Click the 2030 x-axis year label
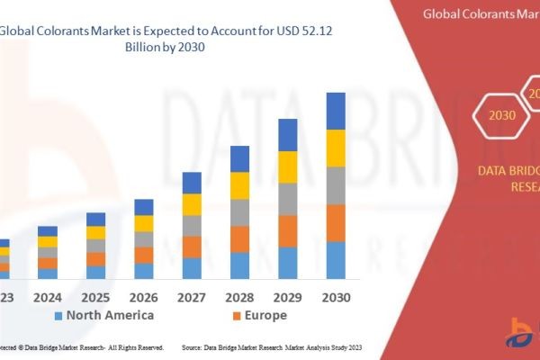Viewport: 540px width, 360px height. (x=336, y=296)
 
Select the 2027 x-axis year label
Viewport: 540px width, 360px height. (x=192, y=296)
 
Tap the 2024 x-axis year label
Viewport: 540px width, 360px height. (x=48, y=296)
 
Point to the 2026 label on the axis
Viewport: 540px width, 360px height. (x=144, y=296)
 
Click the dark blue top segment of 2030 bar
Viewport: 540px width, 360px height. (x=336, y=111)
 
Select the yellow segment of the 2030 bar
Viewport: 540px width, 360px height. (x=336, y=148)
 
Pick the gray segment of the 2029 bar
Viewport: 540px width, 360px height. (x=288, y=199)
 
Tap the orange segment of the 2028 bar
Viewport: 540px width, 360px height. (x=239, y=238)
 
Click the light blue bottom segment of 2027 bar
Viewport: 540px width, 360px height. (x=192, y=268)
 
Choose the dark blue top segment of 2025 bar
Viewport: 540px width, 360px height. (x=96, y=219)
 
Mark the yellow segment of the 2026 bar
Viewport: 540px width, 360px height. (x=144, y=223)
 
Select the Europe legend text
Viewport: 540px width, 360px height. (x=265, y=315)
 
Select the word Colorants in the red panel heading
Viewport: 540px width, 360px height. (x=482, y=13)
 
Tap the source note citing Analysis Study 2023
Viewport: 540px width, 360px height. (x=271, y=346)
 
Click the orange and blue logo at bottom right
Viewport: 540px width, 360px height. (x=522, y=333)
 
